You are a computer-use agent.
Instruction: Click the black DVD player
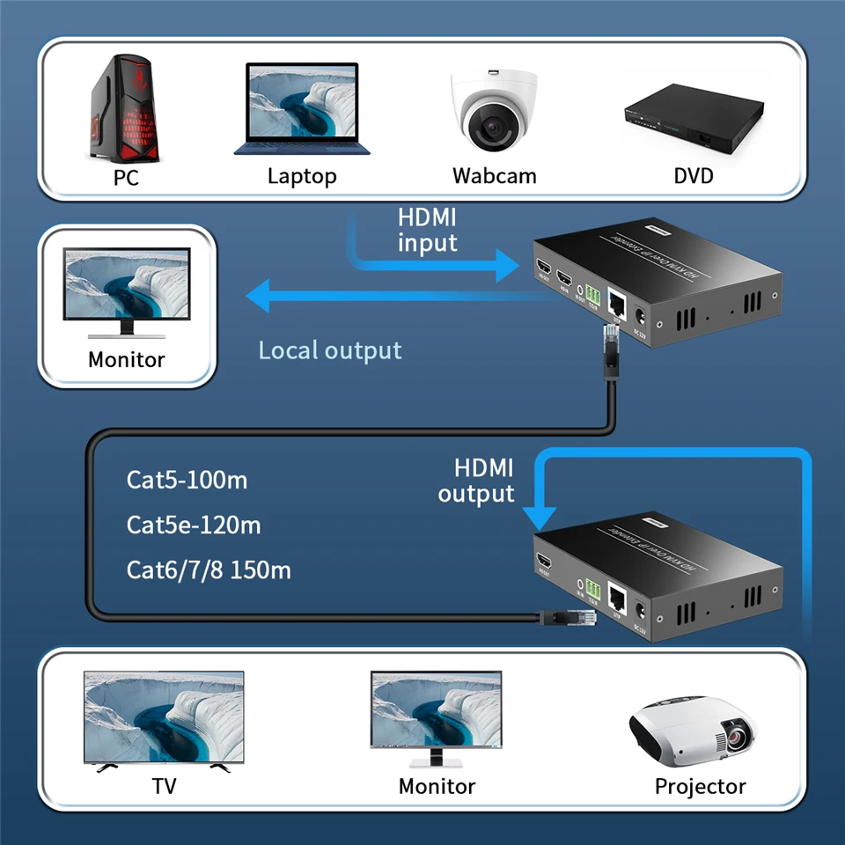coord(693,121)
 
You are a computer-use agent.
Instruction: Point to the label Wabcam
coord(494,175)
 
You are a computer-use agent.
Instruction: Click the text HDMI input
coord(428,230)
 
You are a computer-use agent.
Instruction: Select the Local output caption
coord(329,350)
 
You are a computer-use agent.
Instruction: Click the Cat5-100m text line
coord(187,480)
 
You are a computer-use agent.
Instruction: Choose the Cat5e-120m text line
coord(194,525)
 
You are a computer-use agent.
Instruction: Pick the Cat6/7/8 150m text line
coord(209,570)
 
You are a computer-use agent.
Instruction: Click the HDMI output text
coord(476,481)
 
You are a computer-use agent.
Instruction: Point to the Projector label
coord(700,786)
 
